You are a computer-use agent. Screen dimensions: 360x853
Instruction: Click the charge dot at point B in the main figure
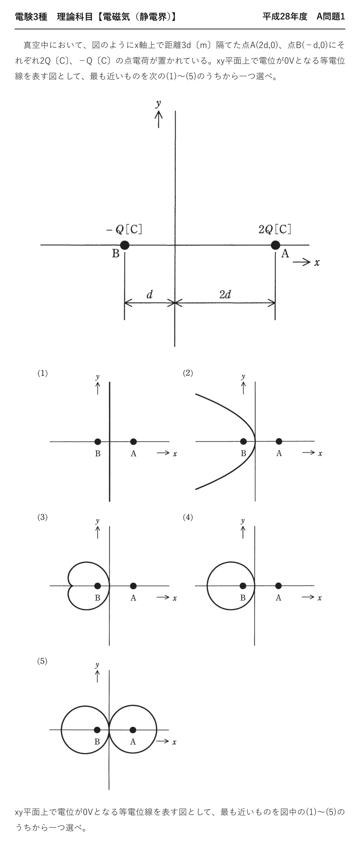(125, 245)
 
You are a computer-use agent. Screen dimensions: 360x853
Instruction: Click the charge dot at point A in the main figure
(275, 245)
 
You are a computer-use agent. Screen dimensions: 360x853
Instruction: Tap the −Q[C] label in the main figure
(124, 229)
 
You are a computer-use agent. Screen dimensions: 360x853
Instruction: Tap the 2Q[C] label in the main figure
(275, 229)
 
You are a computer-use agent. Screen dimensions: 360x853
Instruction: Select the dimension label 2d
(225, 294)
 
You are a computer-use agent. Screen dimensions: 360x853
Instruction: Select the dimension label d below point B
(150, 294)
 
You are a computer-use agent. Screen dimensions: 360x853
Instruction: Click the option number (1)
(42, 373)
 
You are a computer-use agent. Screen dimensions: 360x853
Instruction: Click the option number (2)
(188, 373)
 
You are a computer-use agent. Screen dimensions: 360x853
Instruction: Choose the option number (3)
(42, 517)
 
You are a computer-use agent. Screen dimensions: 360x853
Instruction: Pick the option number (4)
(188, 517)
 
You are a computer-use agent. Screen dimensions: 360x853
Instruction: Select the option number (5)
(42, 661)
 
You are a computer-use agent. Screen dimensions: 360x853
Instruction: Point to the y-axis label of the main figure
(158, 104)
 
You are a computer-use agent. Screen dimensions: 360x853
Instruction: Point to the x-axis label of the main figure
(317, 263)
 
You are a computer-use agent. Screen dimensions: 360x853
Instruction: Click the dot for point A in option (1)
(133, 442)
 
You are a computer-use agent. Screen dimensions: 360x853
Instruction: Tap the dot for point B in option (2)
(243, 441)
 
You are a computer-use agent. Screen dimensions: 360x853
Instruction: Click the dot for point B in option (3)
(97, 586)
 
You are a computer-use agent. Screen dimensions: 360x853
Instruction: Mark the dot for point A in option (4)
(279, 586)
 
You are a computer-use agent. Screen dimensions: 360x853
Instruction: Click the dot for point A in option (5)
(133, 730)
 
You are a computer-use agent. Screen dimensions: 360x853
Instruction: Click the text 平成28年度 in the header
(285, 16)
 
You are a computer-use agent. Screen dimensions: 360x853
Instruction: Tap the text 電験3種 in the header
(31, 17)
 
